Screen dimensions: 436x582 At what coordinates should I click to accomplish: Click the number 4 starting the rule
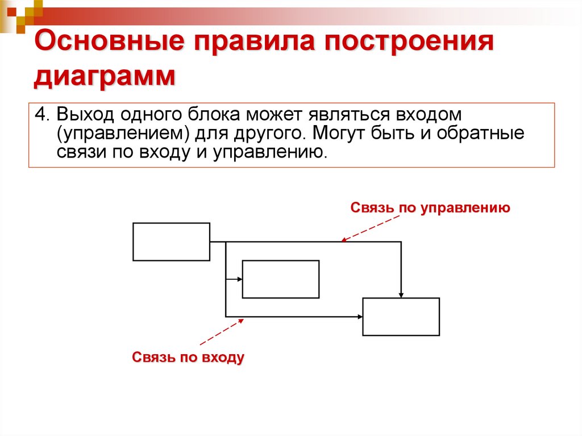coord(39,114)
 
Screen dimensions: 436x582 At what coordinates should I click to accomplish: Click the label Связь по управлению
coord(430,207)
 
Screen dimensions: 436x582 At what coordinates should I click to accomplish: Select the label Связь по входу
coord(188,358)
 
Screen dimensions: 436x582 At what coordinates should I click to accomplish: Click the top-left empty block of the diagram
coord(171,242)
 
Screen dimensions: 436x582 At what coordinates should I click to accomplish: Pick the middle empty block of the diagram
coord(280,279)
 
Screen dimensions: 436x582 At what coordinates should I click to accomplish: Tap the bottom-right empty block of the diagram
coord(401,317)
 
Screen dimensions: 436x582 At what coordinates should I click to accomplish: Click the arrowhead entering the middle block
coord(240,279)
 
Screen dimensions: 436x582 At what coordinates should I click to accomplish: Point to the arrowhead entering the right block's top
coord(401,294)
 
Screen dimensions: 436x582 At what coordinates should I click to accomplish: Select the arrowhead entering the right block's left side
coord(360,317)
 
